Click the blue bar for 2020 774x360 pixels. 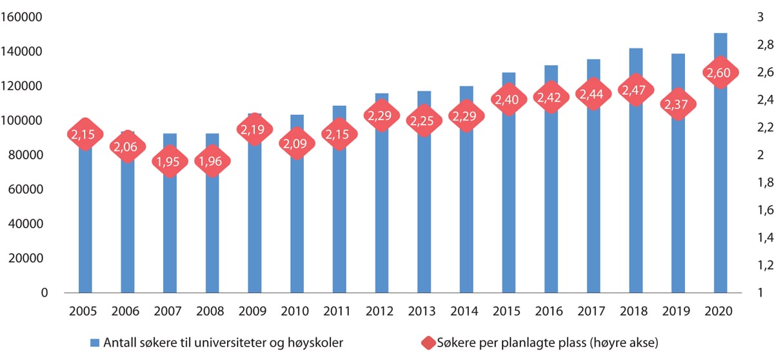720,194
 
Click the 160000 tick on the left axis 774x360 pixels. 26,17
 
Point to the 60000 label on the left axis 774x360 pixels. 28,190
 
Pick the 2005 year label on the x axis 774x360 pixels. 84,311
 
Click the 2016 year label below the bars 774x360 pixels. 550,311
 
